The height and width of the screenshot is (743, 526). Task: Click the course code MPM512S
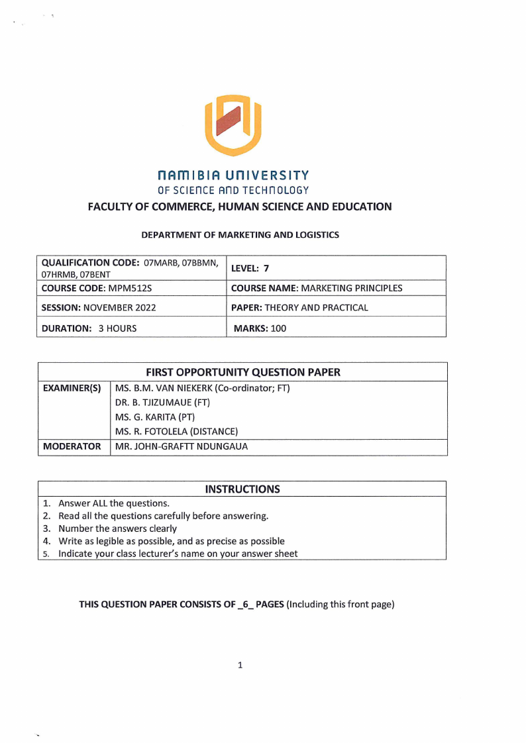click(x=111, y=288)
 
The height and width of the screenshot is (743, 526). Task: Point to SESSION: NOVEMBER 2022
click(x=99, y=307)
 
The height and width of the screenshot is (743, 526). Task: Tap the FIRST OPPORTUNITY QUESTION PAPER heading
click(x=242, y=372)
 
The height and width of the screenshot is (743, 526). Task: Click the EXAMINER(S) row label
click(x=72, y=388)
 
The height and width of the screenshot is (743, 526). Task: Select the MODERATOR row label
click(x=72, y=446)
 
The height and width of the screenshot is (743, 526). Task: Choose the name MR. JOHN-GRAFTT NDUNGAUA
click(x=182, y=446)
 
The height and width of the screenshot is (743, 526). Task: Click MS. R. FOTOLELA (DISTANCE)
click(x=176, y=432)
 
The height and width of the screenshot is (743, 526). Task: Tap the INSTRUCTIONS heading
click(x=242, y=489)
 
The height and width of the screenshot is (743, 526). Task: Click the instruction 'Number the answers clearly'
click(x=118, y=528)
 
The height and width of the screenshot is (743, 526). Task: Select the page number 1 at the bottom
click(x=240, y=665)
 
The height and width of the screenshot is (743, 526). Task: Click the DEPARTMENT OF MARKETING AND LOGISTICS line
click(x=240, y=235)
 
